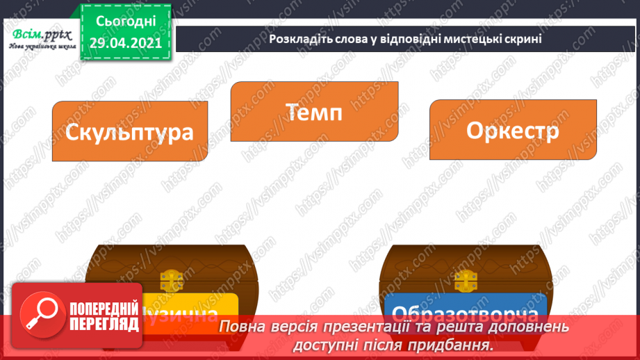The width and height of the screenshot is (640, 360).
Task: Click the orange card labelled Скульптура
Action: click(x=130, y=132)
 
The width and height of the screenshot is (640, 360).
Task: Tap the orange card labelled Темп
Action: click(x=314, y=112)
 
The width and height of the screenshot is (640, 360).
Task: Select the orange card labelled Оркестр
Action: click(x=513, y=131)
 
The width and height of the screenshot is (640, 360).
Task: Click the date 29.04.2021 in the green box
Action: click(x=126, y=43)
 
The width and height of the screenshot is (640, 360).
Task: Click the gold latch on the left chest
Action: click(x=170, y=281)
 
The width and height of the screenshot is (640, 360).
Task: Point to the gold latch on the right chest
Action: click(x=464, y=281)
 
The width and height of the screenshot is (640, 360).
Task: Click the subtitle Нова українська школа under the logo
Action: click(x=38, y=47)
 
